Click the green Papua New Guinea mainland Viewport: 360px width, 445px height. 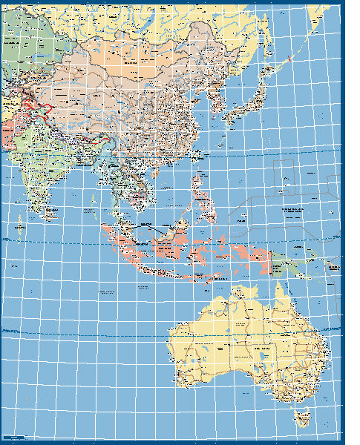(x=296, y=263)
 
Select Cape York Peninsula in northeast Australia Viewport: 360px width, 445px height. (x=281, y=297)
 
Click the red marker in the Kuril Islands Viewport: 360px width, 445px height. (x=288, y=58)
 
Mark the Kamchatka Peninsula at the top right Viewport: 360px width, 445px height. (x=315, y=19)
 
